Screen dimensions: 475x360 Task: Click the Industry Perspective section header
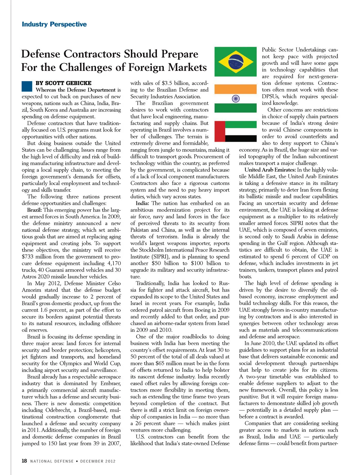[54, 24]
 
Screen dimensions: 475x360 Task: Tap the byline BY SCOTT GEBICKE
[63, 83]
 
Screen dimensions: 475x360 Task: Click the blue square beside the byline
[27, 86]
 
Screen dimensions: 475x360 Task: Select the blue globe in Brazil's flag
[235, 62]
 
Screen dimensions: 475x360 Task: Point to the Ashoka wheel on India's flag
[235, 98]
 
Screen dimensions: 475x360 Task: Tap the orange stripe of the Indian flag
[235, 89]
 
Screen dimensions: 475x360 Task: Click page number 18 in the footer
[24, 461]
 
